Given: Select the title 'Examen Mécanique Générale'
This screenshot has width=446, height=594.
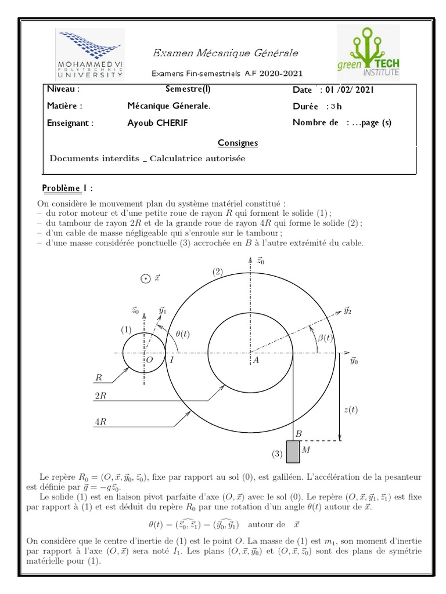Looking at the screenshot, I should click(x=225, y=53).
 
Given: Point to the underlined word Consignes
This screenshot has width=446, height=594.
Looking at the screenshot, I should click(x=238, y=143).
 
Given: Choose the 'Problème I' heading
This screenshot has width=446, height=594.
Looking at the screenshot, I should click(x=67, y=189).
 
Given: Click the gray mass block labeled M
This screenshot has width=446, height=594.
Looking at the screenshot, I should click(x=293, y=451).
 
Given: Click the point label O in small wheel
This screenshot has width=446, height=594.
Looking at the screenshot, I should click(x=149, y=360).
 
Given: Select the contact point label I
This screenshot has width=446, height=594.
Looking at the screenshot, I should click(x=171, y=360).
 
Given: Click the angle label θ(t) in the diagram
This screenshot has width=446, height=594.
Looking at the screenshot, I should click(x=186, y=333).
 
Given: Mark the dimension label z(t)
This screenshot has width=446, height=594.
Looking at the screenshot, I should click(x=351, y=410).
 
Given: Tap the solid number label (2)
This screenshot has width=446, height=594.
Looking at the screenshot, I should click(x=217, y=271).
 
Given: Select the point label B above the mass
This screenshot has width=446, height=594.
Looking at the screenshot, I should click(x=298, y=433).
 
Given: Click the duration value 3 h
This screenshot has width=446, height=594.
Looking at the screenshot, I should click(x=336, y=106).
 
